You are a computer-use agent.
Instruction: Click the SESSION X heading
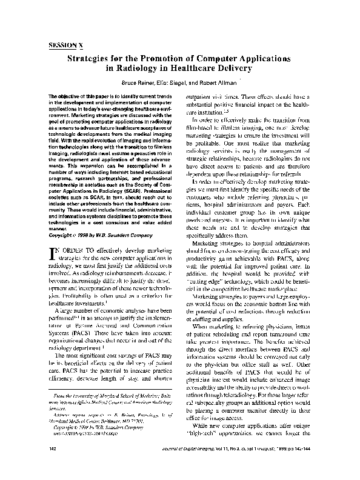(x=66, y=44)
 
